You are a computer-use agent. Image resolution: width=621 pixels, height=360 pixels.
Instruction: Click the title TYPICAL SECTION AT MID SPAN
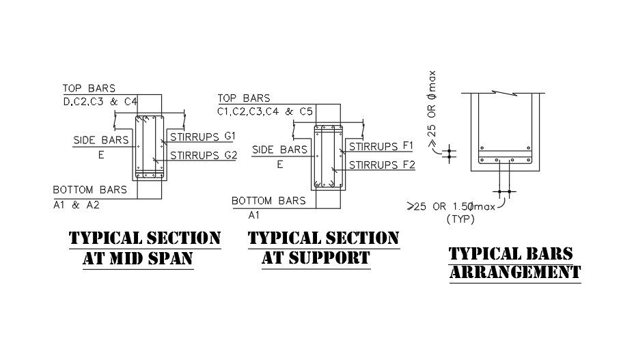tap(146, 248)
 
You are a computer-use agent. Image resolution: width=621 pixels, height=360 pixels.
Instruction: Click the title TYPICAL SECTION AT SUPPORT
tap(323, 248)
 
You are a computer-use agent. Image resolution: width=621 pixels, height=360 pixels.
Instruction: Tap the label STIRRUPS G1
tap(202, 136)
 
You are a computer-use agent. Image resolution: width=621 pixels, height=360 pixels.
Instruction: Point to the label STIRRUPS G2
tap(203, 155)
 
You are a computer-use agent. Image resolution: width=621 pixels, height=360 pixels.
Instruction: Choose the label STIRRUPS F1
tap(382, 146)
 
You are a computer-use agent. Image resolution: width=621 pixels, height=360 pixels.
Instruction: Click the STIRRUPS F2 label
tap(382, 165)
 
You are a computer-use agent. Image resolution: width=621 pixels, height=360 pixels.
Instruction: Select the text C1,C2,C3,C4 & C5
tap(265, 111)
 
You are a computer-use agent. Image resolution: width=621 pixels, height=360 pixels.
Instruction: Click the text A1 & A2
tap(75, 204)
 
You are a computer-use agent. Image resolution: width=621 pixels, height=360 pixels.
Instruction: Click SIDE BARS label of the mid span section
tap(101, 141)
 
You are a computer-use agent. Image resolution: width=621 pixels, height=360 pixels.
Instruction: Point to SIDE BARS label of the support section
tap(279, 150)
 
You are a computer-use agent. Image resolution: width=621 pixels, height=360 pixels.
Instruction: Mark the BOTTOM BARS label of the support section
tap(268, 201)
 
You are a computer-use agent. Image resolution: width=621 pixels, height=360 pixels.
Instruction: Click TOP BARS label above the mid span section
tap(89, 88)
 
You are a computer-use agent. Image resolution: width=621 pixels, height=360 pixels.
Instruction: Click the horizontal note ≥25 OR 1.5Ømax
tap(451, 206)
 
